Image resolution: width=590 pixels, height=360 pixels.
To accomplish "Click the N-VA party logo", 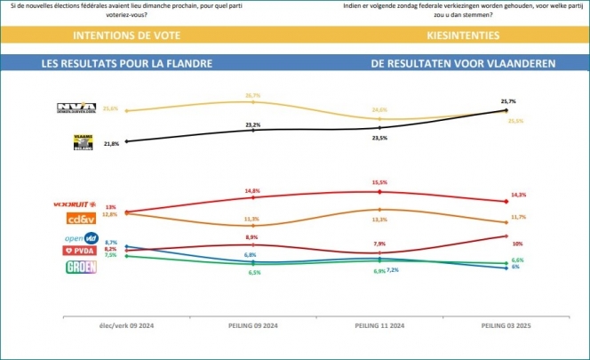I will coord(76,109).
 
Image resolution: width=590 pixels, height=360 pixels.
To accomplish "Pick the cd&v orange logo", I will coord(82,219).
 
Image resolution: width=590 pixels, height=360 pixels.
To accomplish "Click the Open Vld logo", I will coord(82,238).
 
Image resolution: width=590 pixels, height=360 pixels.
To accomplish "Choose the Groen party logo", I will coord(82,266).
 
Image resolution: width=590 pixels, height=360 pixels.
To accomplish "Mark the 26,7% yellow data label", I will coord(252,94).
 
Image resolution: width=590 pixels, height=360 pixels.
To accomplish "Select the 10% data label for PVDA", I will coord(517,243).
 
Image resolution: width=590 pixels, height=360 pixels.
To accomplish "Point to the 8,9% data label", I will coord(252,237).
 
